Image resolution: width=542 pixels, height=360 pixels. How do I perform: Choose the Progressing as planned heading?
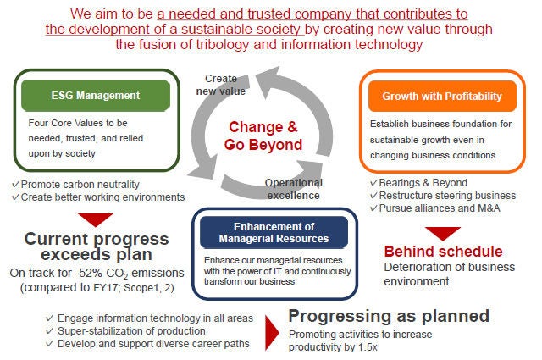tap(389, 316)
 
